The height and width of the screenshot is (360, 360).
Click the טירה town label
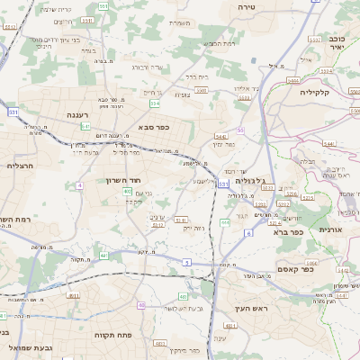[247, 6]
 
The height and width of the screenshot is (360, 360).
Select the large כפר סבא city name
[154, 128]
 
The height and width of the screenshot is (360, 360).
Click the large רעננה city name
[83, 115]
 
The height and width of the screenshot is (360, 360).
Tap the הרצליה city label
[19, 165]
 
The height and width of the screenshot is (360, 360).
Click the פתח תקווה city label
[114, 336]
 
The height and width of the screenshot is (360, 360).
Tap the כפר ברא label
[287, 230]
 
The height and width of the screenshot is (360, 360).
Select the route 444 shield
[293, 80]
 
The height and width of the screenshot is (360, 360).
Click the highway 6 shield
[247, 233]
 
